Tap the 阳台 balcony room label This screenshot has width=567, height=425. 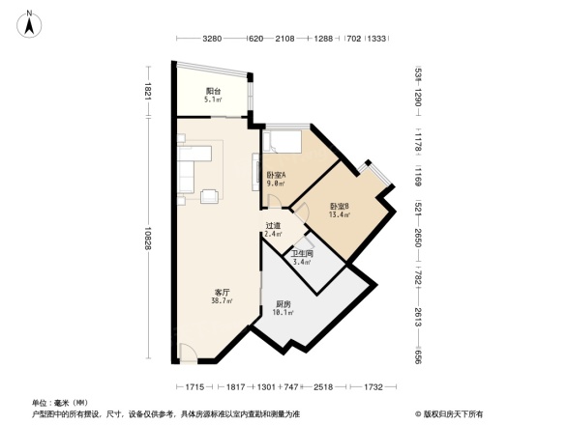(212, 91)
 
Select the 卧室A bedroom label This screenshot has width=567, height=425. (275, 174)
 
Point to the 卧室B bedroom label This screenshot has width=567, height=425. (339, 206)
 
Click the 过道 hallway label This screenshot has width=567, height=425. (273, 226)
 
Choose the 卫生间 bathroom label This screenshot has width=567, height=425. (302, 254)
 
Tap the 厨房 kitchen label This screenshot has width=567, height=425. (281, 304)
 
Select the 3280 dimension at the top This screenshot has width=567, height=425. (213, 39)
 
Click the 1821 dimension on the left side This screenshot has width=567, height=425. (148, 92)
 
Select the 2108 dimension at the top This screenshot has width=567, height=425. (283, 39)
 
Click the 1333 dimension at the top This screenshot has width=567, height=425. (378, 39)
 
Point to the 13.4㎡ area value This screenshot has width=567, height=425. (339, 214)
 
